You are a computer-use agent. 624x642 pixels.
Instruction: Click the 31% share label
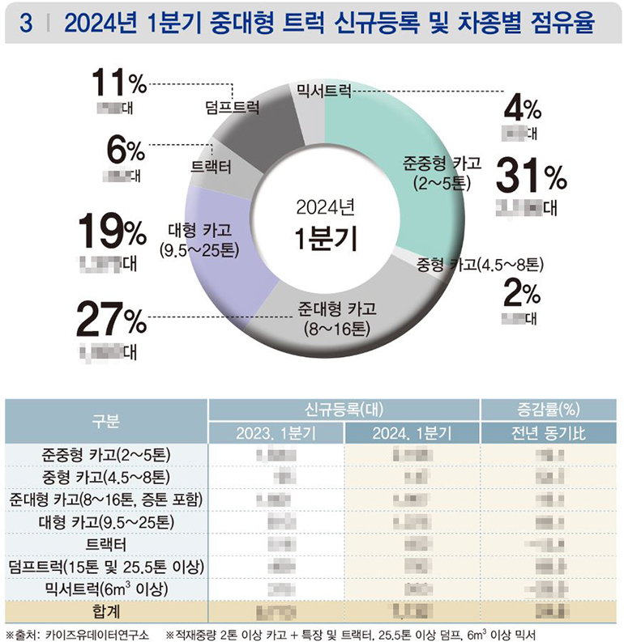[x=531, y=174]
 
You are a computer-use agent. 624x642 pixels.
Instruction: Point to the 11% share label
[x=118, y=83]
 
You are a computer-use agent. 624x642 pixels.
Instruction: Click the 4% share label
[x=522, y=107]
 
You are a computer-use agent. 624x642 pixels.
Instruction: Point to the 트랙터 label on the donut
[x=211, y=168]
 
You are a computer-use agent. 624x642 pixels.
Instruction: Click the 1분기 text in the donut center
[x=324, y=239]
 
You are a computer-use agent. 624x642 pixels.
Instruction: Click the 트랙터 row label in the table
[x=106, y=543]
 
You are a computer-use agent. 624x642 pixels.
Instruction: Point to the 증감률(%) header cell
[x=550, y=410]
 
